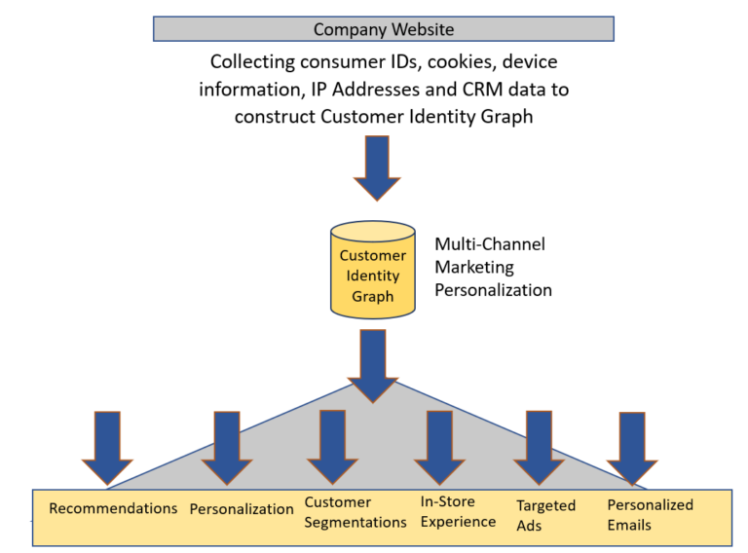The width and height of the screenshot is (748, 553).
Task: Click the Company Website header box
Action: coord(383,29)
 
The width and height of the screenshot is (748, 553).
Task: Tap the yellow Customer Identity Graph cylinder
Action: coord(372,270)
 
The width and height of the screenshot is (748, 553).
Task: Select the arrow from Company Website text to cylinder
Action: coord(376,166)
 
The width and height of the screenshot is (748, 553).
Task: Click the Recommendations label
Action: coord(113,508)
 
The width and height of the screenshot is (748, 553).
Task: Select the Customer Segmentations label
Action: coord(355,512)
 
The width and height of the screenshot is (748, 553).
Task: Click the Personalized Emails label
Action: coord(650,514)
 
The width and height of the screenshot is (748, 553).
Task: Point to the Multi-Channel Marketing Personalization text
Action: coord(493,267)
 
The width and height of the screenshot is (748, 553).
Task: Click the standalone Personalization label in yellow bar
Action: coord(242,509)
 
